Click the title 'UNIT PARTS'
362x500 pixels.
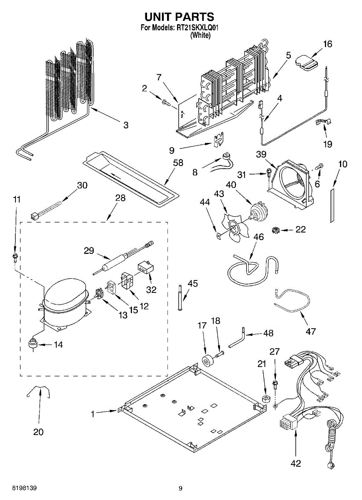179,17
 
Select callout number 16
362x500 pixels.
328,44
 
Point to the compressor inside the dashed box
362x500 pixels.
65,302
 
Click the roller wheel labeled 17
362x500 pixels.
207,361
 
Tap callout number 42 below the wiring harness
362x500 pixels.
296,463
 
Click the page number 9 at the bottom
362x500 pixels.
180,488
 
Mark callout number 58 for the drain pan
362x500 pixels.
178,163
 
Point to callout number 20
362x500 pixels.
38,432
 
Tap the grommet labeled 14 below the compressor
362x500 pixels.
32,343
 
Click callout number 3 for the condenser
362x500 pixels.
125,125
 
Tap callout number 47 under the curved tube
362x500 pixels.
310,331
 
